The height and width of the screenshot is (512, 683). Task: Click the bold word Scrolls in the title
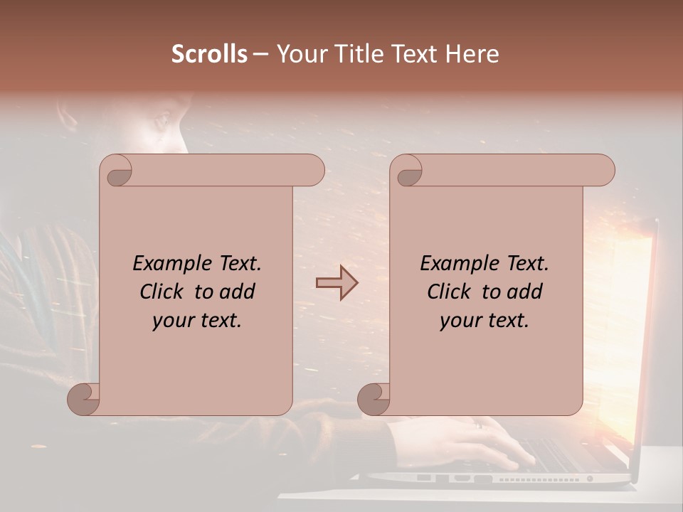coord(209,54)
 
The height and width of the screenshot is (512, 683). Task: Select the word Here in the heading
coord(472,54)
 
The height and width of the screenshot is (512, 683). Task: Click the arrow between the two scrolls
coord(337,282)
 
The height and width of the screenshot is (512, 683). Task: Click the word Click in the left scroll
coord(155,292)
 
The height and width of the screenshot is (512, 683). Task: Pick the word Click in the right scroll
coord(443,292)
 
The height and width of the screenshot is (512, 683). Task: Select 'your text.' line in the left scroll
coord(197,320)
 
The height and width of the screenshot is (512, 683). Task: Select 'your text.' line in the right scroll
coord(485,320)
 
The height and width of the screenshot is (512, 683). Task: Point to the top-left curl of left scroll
coord(116,171)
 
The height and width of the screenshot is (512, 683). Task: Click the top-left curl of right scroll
coord(406,171)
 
